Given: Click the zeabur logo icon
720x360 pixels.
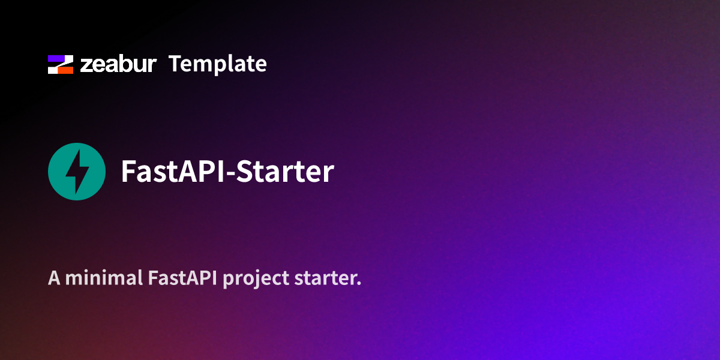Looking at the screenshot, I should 61,64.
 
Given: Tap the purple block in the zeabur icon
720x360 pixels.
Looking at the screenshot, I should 58,59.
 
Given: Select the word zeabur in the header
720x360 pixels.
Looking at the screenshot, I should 118,64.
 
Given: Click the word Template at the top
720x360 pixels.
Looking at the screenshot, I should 217,64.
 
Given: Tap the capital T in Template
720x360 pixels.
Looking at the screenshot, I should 175,64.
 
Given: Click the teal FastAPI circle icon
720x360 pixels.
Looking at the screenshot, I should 77,171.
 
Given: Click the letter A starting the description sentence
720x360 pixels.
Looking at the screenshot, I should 54,278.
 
